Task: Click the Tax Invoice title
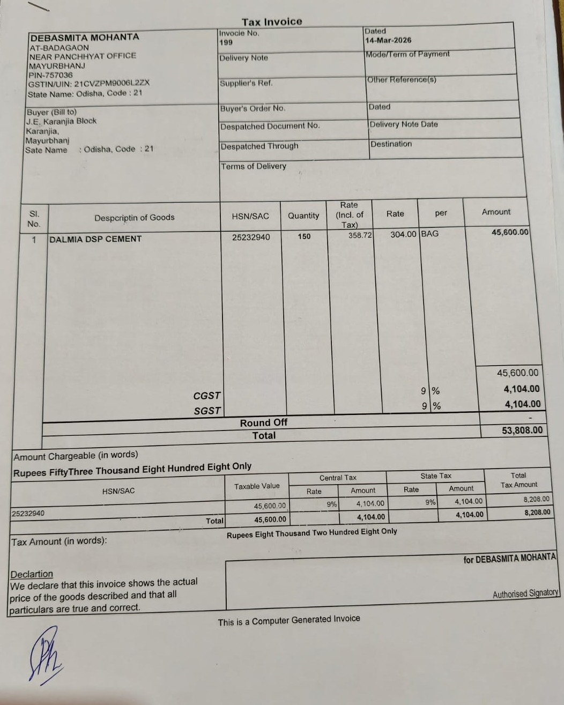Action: coord(272,22)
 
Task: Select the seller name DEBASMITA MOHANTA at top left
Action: coord(85,38)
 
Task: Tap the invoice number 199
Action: coord(226,42)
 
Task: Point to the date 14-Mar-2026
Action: coord(388,40)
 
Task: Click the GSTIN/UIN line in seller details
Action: coord(89,84)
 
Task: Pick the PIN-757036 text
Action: coord(50,75)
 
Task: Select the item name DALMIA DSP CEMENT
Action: coord(95,239)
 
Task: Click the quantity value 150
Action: coord(304,236)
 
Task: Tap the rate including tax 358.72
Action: coord(360,235)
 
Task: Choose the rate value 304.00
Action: coord(403,234)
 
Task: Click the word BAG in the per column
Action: coord(429,234)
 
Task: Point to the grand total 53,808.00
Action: coord(522,430)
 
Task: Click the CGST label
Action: coord(207,396)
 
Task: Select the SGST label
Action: coord(207,411)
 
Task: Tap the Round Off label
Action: coord(263,422)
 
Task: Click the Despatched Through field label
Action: coord(259,146)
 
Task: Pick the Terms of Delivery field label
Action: coord(254,166)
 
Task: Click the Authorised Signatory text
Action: coord(525,593)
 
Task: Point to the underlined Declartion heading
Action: coord(32,574)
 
